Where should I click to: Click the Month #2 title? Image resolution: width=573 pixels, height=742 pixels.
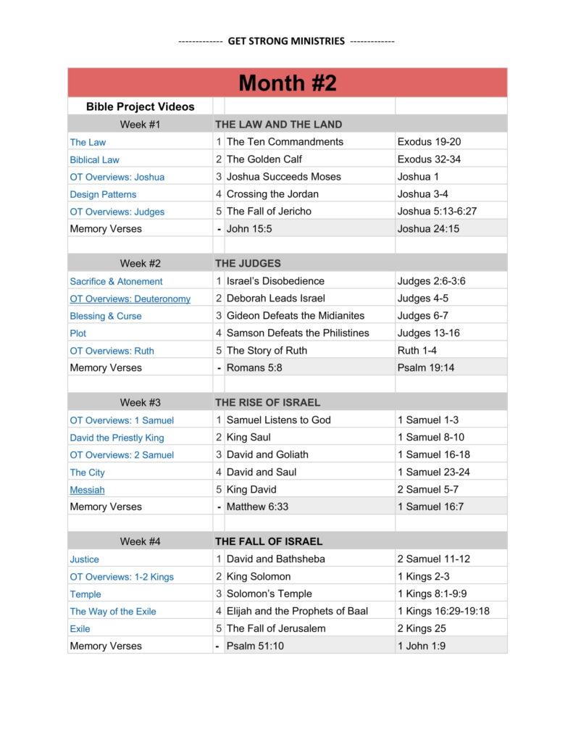tap(288, 83)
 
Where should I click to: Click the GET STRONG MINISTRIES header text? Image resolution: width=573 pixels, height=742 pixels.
tap(286, 41)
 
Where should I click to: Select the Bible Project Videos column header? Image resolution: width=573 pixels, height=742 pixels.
tap(140, 107)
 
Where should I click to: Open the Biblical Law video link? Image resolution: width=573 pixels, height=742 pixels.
tap(95, 159)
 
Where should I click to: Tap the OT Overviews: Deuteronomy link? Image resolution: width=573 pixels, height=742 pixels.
tap(130, 299)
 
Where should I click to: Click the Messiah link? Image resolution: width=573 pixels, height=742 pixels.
tap(87, 490)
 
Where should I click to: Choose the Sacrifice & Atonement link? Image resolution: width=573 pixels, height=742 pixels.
tap(116, 281)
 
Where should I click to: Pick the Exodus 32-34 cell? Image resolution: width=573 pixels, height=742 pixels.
tap(429, 159)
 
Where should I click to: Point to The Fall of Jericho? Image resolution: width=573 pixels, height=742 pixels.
tap(269, 212)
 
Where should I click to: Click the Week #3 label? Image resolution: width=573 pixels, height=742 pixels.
tap(140, 402)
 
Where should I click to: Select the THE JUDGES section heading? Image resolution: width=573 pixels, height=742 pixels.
tap(248, 263)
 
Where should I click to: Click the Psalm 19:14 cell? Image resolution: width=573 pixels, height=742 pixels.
tap(427, 368)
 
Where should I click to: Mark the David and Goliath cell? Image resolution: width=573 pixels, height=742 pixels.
tap(267, 455)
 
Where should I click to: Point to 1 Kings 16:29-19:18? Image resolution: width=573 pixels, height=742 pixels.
tap(443, 612)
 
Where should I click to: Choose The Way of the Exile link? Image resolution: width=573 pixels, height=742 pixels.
tap(113, 612)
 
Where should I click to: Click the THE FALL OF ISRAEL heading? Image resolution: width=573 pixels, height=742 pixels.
tap(269, 541)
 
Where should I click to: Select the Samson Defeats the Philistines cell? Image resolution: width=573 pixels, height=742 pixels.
tap(298, 333)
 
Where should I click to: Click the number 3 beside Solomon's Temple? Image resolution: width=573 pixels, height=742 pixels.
tap(219, 594)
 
